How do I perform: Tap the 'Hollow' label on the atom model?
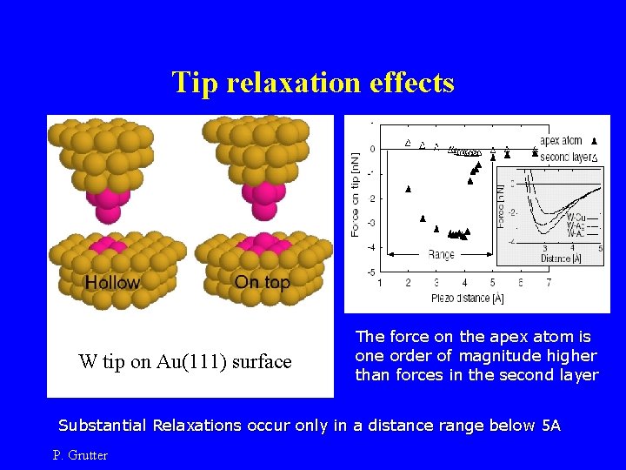point(111,282)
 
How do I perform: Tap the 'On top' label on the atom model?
point(262,282)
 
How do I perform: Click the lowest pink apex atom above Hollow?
point(112,211)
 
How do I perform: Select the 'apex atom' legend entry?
point(562,140)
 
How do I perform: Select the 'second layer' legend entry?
point(563,157)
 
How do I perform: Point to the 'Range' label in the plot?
point(441,254)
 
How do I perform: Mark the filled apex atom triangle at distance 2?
point(409,189)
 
